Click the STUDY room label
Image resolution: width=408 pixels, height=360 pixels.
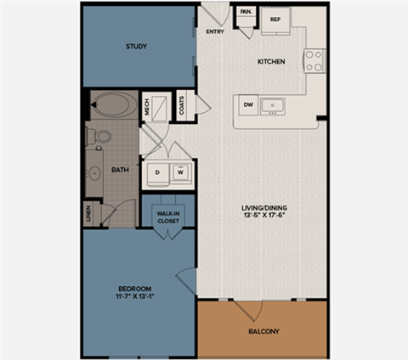coord(136,46)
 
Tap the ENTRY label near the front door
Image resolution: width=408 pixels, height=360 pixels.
coord(215,33)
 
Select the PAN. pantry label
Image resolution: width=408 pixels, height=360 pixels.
coord(245,12)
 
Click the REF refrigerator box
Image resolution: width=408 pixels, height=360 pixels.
coord(275,19)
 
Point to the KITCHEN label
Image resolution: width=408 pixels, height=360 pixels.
coord(271,63)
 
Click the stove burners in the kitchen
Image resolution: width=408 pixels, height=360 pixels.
coord(314,59)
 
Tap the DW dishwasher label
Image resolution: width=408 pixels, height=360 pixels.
coord(249,104)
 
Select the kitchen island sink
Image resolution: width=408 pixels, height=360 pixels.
coord(275,105)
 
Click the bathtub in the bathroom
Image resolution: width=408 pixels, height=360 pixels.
coord(115,106)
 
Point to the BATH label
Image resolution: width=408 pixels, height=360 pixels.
coord(120,170)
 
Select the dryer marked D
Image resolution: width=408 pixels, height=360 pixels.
coord(157,172)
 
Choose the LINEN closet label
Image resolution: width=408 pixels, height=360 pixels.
coord(88,213)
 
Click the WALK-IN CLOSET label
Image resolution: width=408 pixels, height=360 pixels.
coord(166,218)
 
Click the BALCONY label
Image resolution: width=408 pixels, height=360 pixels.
coord(263,331)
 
